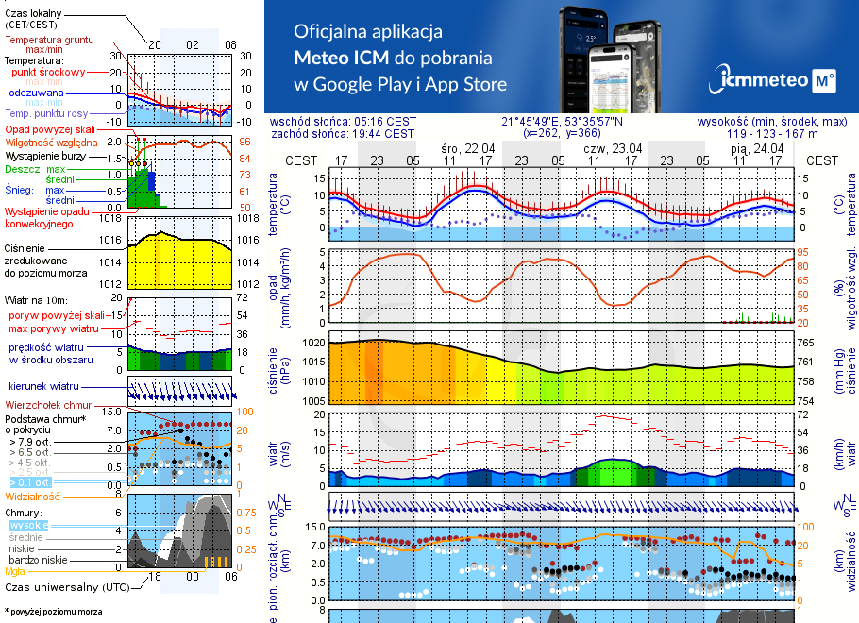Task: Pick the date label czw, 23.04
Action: (x=613, y=148)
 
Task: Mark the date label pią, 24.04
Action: (x=758, y=148)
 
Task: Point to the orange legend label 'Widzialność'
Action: (x=33, y=496)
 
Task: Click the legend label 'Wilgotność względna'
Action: (x=51, y=142)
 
